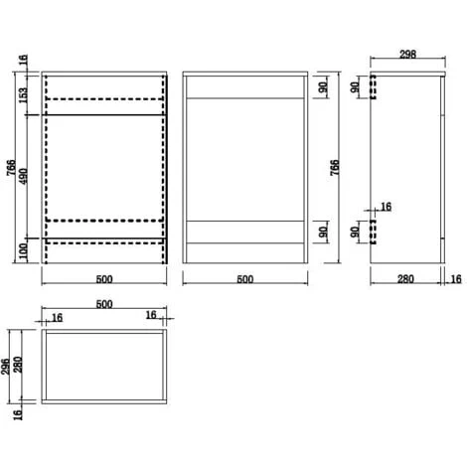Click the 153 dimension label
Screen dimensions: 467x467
pos(23,94)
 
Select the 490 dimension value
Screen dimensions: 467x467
pos(23,177)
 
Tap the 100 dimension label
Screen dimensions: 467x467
pos(23,251)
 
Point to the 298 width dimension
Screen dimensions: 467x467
pos(407,54)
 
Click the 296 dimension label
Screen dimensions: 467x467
pos(5,366)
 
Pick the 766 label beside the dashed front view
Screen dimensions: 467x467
pos(11,168)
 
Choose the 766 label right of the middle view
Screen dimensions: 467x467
pos(335,168)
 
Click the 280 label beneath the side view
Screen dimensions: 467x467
pos(405,279)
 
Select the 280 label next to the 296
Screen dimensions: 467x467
pos(18,365)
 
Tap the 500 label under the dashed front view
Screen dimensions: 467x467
pos(104,279)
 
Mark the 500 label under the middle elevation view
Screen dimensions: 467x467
pos(245,279)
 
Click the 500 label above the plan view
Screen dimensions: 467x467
pos(104,304)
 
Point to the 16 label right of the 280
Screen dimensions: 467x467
pos(456,279)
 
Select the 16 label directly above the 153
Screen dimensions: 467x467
pos(23,60)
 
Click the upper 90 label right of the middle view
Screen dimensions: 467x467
pos(324,86)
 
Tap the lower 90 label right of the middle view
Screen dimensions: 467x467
pos(324,232)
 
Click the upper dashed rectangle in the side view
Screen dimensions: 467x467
pos(374,87)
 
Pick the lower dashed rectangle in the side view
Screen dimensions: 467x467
pos(373,232)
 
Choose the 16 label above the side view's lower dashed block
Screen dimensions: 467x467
pos(387,207)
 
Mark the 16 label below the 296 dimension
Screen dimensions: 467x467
pos(18,414)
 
